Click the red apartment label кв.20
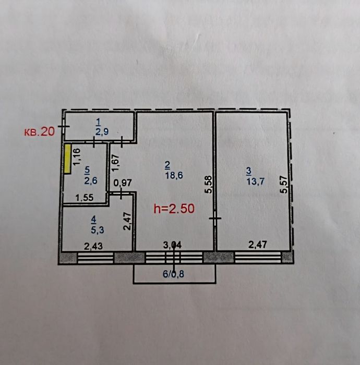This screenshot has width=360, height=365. (40, 132)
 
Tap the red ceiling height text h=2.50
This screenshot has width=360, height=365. (174, 209)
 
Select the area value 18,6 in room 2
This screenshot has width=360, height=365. (174, 175)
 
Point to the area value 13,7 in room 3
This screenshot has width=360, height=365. (256, 181)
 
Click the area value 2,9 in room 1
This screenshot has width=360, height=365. (102, 132)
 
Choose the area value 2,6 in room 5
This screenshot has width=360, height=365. (91, 180)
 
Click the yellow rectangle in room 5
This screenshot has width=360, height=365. (67, 159)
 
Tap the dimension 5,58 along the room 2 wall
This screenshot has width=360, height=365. (208, 185)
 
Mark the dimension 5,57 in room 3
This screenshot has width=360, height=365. (284, 185)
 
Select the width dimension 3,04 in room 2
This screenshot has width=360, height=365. (172, 245)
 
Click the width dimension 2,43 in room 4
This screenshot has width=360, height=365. (93, 246)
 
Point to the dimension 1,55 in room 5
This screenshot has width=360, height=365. (85, 198)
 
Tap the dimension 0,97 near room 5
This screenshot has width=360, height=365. (123, 182)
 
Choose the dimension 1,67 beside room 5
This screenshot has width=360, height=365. (116, 163)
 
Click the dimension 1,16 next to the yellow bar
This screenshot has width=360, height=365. (77, 157)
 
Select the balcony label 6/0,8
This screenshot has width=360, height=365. (174, 274)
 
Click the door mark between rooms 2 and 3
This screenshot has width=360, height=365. (215, 218)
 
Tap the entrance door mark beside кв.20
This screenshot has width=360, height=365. (63, 126)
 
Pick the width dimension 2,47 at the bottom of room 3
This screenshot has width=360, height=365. (258, 245)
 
